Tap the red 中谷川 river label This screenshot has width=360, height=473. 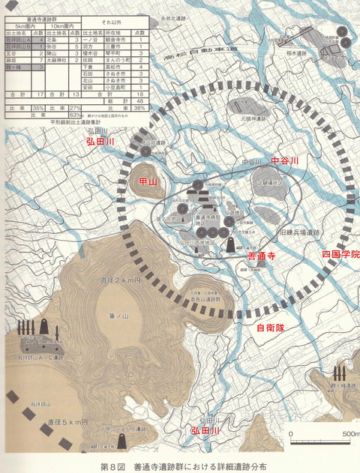point(284,160)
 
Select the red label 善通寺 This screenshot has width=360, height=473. point(262,256)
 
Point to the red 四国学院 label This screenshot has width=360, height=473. point(340,255)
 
